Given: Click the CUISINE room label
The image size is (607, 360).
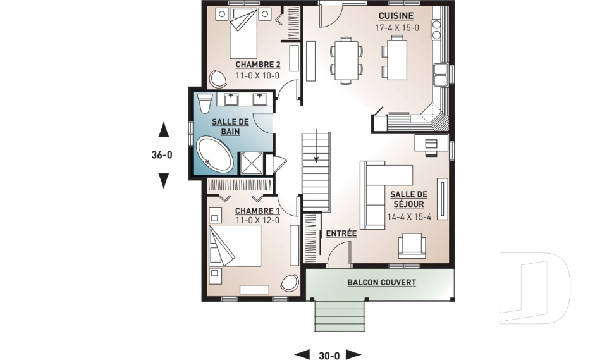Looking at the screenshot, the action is (x=396, y=16).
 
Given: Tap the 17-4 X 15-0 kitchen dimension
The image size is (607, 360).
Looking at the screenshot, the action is (x=397, y=28).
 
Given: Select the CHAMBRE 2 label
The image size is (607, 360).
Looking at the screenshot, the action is (x=258, y=65).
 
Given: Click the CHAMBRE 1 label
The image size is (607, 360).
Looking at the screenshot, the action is (x=257, y=211).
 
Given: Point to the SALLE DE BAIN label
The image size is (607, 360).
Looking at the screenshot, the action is (x=230, y=127).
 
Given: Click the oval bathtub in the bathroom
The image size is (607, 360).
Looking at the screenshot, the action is (x=215, y=154).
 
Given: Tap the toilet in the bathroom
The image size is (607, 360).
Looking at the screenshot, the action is (x=204, y=102).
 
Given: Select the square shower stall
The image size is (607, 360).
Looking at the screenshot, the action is (x=252, y=163).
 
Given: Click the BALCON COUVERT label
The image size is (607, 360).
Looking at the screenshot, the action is (x=382, y=283).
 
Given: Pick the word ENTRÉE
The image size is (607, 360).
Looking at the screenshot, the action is (x=341, y=233).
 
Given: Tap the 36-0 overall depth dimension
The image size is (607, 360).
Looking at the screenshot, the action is (x=162, y=155).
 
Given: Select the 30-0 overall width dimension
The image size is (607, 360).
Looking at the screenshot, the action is (x=329, y=356).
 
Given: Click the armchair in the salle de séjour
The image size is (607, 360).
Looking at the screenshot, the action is (x=412, y=245).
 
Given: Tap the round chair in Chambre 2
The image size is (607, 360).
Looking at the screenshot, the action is (x=218, y=79).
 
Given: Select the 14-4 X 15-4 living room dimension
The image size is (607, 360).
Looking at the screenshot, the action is (x=409, y=217).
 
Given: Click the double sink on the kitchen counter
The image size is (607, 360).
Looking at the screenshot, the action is (x=440, y=75).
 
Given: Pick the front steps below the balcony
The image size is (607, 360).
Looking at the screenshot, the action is (x=339, y=316).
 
